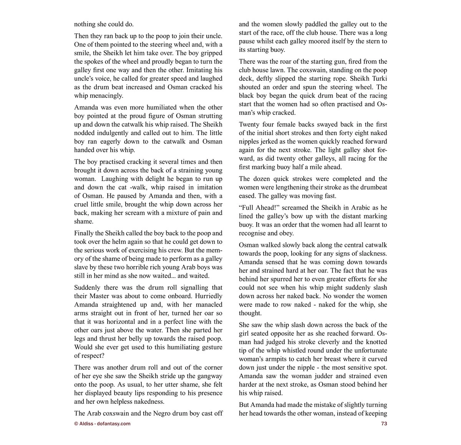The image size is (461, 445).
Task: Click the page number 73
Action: pyautogui.click(x=384, y=424)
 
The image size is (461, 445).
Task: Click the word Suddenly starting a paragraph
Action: pyautogui.click(x=88, y=287)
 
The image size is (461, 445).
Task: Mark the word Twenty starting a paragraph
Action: pyautogui.click(x=250, y=124)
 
